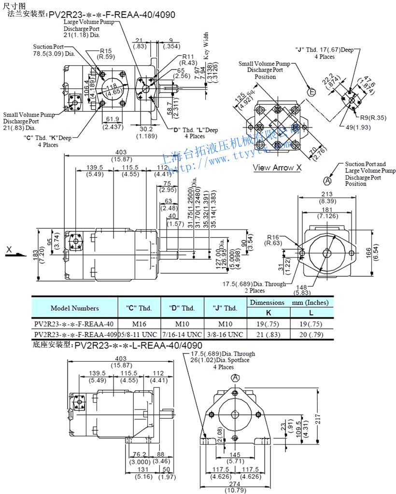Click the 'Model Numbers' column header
[x=74, y=308]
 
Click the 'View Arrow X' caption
[x=277, y=168]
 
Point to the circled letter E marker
[x=311, y=92]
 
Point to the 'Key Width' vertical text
[x=206, y=46]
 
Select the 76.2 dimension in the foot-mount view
[x=140, y=454]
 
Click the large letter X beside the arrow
[x=9, y=249]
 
